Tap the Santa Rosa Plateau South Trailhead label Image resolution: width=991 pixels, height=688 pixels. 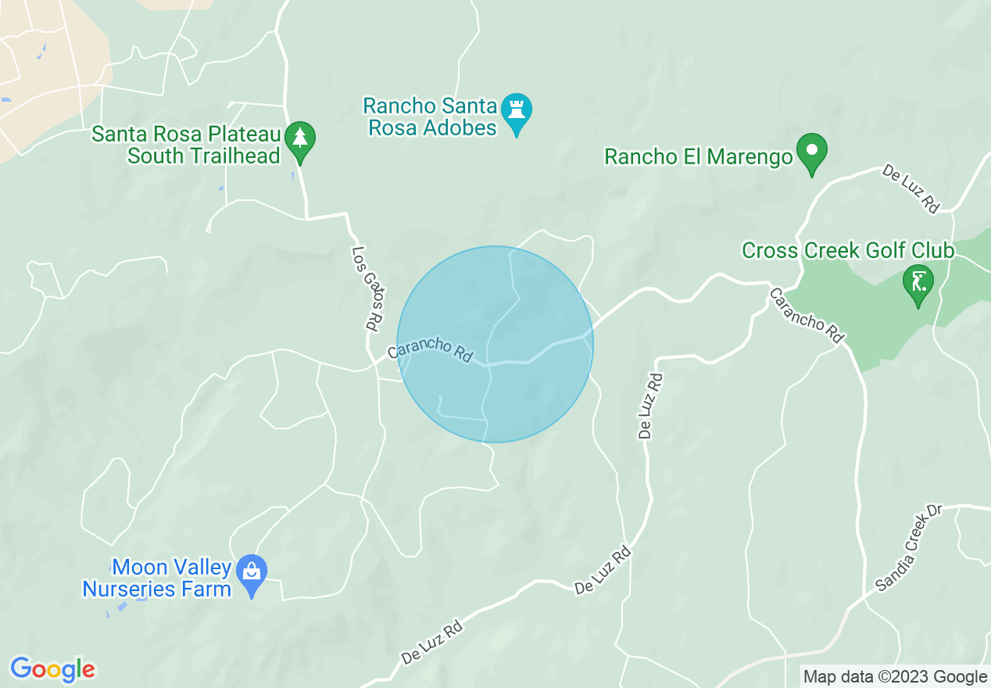coord(186,145)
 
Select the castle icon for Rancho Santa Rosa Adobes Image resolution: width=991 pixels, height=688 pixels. coord(516,109)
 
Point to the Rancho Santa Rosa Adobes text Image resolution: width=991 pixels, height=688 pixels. coord(430,116)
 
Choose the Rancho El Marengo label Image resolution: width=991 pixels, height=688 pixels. coord(699,156)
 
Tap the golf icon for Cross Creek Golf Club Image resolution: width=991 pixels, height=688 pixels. coord(918,281)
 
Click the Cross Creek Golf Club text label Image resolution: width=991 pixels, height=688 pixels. coord(848,251)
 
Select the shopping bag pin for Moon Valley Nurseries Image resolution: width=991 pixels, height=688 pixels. coord(252,572)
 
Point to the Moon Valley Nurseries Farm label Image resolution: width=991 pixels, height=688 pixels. coord(157,578)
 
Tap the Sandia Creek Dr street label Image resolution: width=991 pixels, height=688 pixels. coord(910,547)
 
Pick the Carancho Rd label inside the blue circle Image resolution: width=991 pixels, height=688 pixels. coord(430,349)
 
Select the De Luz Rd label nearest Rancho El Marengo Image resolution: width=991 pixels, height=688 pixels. coord(911,188)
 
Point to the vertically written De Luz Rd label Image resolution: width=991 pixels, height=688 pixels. coord(650,406)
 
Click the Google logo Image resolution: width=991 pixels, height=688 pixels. coord(52,669)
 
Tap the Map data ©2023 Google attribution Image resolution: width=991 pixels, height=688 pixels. coord(896,676)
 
